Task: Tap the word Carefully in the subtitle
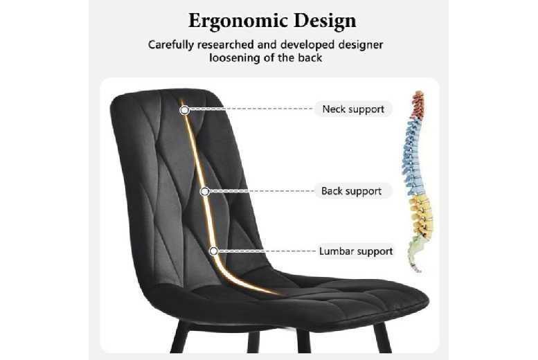pyautogui.click(x=171, y=45)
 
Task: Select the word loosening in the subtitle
pyautogui.click(x=235, y=57)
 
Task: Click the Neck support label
pyautogui.click(x=353, y=109)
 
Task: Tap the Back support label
pyautogui.click(x=352, y=191)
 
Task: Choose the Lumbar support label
pyautogui.click(x=356, y=251)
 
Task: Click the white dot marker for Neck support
pyautogui.click(x=185, y=110)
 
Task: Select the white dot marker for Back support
pyautogui.click(x=205, y=192)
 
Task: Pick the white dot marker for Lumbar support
pyautogui.click(x=214, y=251)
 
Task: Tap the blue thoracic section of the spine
pyautogui.click(x=413, y=158)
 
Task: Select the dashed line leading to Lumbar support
pyautogui.click(x=267, y=251)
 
